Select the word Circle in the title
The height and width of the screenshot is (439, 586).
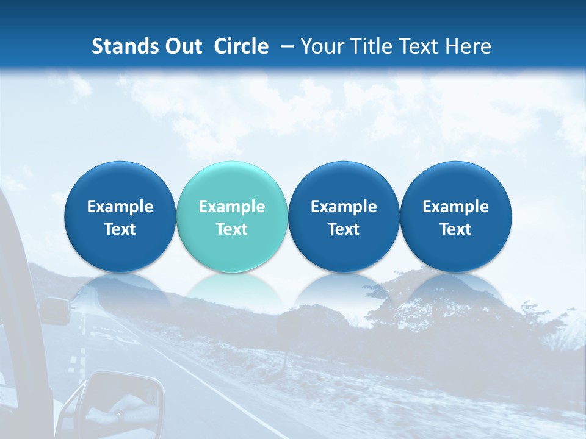(241, 46)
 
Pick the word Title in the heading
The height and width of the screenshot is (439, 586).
(375, 46)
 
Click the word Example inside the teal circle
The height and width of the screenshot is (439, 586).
(232, 207)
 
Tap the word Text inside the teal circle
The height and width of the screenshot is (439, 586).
(232, 229)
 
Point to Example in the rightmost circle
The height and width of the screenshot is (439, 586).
(455, 207)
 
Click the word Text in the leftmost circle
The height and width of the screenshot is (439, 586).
(120, 229)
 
